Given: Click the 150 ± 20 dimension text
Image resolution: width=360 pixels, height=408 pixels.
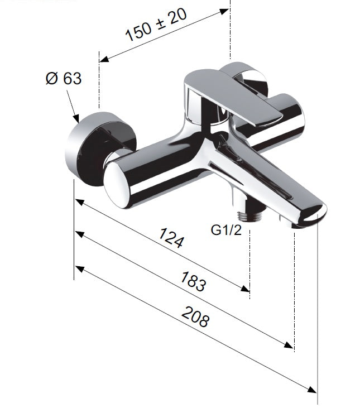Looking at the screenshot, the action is (x=156, y=25).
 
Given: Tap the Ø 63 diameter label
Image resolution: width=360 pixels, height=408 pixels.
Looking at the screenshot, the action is (x=64, y=78).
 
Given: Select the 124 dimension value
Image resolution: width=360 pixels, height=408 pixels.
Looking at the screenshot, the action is (x=171, y=238).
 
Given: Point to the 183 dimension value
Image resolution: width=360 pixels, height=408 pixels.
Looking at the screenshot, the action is (x=193, y=281).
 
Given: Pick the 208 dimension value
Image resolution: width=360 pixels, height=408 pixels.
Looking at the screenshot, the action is (x=195, y=316).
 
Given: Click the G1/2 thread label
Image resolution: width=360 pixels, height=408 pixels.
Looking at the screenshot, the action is (x=226, y=230).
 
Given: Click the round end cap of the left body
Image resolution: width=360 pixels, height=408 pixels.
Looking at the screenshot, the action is (x=117, y=185).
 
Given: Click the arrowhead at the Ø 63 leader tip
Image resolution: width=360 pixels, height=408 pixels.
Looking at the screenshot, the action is (x=76, y=119).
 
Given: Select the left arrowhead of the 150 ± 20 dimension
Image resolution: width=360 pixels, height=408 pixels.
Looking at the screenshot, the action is (x=103, y=59).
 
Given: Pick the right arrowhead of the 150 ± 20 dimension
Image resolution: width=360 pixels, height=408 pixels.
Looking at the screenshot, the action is (x=224, y=12).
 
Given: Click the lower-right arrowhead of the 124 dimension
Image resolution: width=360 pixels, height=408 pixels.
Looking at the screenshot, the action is (x=245, y=289).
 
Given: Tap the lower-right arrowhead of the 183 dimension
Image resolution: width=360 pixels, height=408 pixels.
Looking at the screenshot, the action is (x=289, y=345).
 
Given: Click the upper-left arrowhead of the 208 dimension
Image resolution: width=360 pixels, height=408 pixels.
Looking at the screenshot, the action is (x=79, y=269).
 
